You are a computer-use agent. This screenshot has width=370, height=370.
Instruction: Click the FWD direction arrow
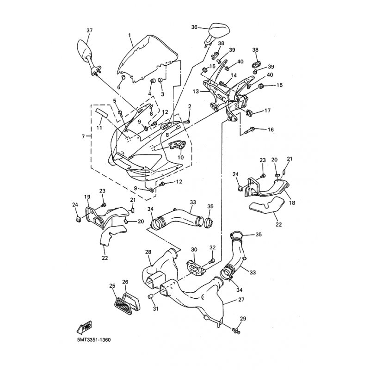pos(84,327)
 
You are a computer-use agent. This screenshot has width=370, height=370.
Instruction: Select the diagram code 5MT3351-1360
pos(94,340)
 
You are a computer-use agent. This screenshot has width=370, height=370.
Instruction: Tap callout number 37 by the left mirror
pos(89,31)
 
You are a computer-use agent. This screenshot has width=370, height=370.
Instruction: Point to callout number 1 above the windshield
pos(129,35)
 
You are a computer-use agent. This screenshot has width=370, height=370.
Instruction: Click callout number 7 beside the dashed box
pos(83,136)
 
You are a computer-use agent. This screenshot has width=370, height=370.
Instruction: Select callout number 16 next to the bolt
pos(271,129)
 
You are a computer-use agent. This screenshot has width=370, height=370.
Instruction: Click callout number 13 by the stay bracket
pos(196,91)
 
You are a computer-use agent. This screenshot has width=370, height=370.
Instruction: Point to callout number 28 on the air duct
pos(148,252)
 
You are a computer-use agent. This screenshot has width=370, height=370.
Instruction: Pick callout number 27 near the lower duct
pos(241,299)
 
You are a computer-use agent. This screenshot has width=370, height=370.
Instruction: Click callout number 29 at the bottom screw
pos(243,319)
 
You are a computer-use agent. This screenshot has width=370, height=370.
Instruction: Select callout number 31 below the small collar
pos(155,308)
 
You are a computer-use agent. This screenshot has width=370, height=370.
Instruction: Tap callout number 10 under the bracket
pos(180,157)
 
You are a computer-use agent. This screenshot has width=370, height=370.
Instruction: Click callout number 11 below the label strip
pos(99,128)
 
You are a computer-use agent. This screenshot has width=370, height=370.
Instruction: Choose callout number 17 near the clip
pos(267,111)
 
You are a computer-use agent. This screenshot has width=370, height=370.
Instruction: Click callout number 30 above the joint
pos(194,249)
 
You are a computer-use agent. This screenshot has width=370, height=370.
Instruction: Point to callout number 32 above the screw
pos(212,247)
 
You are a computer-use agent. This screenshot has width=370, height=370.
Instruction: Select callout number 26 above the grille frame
pos(125,282)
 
